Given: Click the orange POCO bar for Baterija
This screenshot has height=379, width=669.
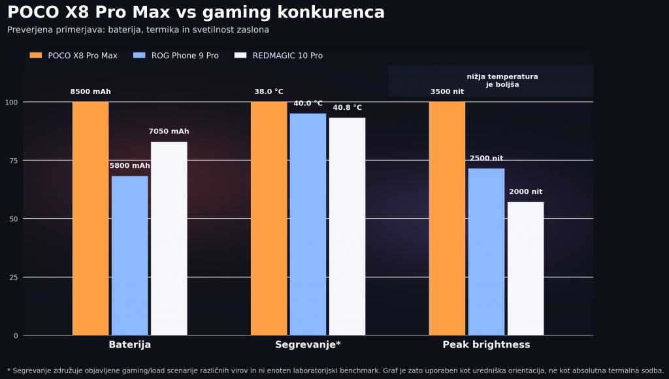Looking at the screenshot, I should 90,218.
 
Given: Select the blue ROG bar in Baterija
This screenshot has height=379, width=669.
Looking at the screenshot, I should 129,255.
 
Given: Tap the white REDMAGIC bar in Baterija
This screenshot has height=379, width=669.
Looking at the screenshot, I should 169,239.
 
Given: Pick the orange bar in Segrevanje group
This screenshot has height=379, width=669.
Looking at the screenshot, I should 269,218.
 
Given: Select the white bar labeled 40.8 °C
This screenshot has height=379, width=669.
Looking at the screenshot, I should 347,226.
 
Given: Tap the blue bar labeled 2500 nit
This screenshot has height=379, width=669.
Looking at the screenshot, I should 486,252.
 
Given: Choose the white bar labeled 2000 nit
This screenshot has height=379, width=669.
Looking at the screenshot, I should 525,269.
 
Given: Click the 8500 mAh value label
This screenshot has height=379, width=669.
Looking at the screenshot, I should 90,92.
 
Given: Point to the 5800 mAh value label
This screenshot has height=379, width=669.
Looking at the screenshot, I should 129,166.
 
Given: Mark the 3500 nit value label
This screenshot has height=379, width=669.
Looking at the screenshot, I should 447,92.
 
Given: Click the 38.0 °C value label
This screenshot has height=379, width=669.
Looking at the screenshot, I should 269,92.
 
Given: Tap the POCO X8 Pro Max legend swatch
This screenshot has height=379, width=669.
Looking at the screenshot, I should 35,56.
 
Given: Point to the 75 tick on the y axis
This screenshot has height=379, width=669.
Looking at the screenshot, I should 14,160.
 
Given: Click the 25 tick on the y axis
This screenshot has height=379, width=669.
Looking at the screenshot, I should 14,277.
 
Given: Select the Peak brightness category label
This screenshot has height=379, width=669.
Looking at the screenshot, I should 486,345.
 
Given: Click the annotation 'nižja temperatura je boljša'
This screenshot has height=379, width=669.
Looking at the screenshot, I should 502,80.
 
